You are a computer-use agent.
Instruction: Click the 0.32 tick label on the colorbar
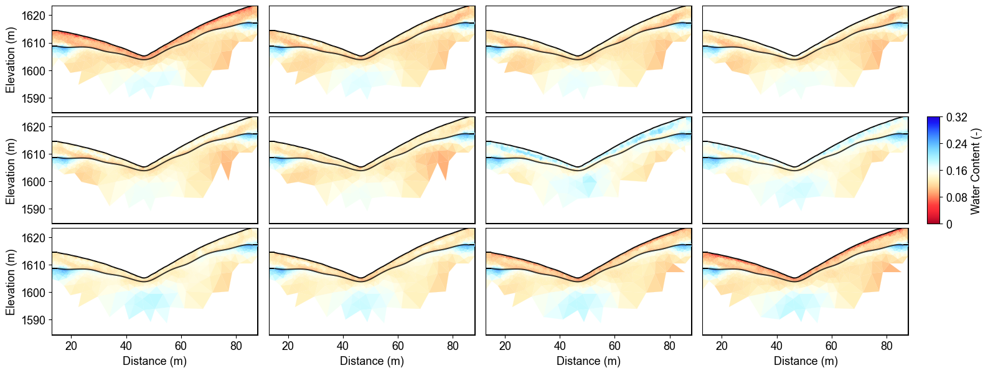[x=956, y=118]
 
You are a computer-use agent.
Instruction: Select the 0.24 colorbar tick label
[x=956, y=144]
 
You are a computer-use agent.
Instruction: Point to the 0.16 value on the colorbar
[x=956, y=171]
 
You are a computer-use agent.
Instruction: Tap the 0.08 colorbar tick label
[x=956, y=198]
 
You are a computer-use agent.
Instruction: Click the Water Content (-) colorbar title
[x=976, y=171]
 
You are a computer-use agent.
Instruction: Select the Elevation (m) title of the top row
[x=11, y=60]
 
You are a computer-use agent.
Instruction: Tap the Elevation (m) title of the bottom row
[x=11, y=281]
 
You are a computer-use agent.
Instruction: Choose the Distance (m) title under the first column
[x=154, y=361]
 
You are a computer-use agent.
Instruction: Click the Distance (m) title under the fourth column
[x=806, y=361]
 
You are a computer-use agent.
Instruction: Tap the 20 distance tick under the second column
[x=288, y=346]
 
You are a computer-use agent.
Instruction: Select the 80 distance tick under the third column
[x=669, y=346]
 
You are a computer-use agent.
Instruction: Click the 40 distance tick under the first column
[x=126, y=346]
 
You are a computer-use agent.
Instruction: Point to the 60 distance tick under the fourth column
[x=832, y=346]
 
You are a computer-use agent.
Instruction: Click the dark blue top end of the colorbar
[x=933, y=119]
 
